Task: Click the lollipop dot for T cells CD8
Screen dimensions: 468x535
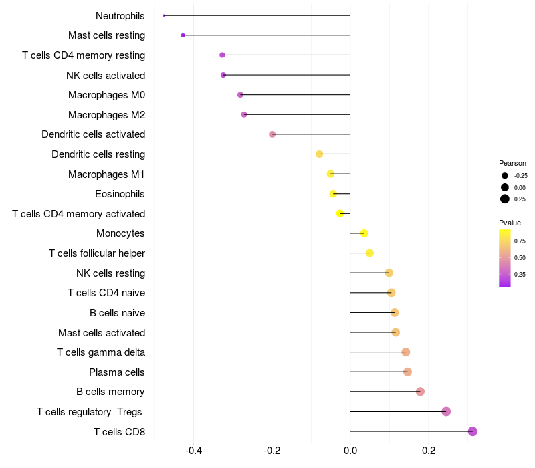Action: pyautogui.click(x=473, y=431)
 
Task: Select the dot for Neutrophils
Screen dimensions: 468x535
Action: pyautogui.click(x=164, y=15)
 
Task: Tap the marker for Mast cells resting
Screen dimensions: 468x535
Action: pyautogui.click(x=183, y=35)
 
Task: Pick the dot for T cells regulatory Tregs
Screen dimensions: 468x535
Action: pyautogui.click(x=446, y=412)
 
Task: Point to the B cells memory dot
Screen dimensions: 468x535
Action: pyautogui.click(x=420, y=392)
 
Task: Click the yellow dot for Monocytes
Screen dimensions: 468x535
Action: pyautogui.click(x=364, y=233)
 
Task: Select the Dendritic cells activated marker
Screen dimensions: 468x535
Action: pyautogui.click(x=272, y=134)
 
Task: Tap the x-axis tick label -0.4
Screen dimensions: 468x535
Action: pyautogui.click(x=193, y=451)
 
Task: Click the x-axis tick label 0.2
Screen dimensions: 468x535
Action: pyautogui.click(x=429, y=451)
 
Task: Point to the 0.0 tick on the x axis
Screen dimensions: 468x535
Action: pyautogui.click(x=350, y=451)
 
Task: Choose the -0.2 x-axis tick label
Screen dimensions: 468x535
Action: pyautogui.click(x=272, y=451)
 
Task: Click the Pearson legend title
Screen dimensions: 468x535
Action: pyautogui.click(x=512, y=163)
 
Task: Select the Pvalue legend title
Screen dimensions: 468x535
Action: pyautogui.click(x=510, y=223)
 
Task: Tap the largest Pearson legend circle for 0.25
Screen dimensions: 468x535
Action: pyautogui.click(x=505, y=199)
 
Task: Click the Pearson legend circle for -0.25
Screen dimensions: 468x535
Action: pyautogui.click(x=505, y=176)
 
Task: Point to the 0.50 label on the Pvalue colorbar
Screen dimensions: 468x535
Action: pyautogui.click(x=520, y=257)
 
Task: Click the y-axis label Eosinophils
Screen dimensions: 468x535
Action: pyautogui.click(x=120, y=194)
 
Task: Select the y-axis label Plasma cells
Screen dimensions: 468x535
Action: pyautogui.click(x=117, y=372)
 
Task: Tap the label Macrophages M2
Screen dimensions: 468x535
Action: pyautogui.click(x=107, y=115)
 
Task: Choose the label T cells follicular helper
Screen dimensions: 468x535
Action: pyautogui.click(x=97, y=253)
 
